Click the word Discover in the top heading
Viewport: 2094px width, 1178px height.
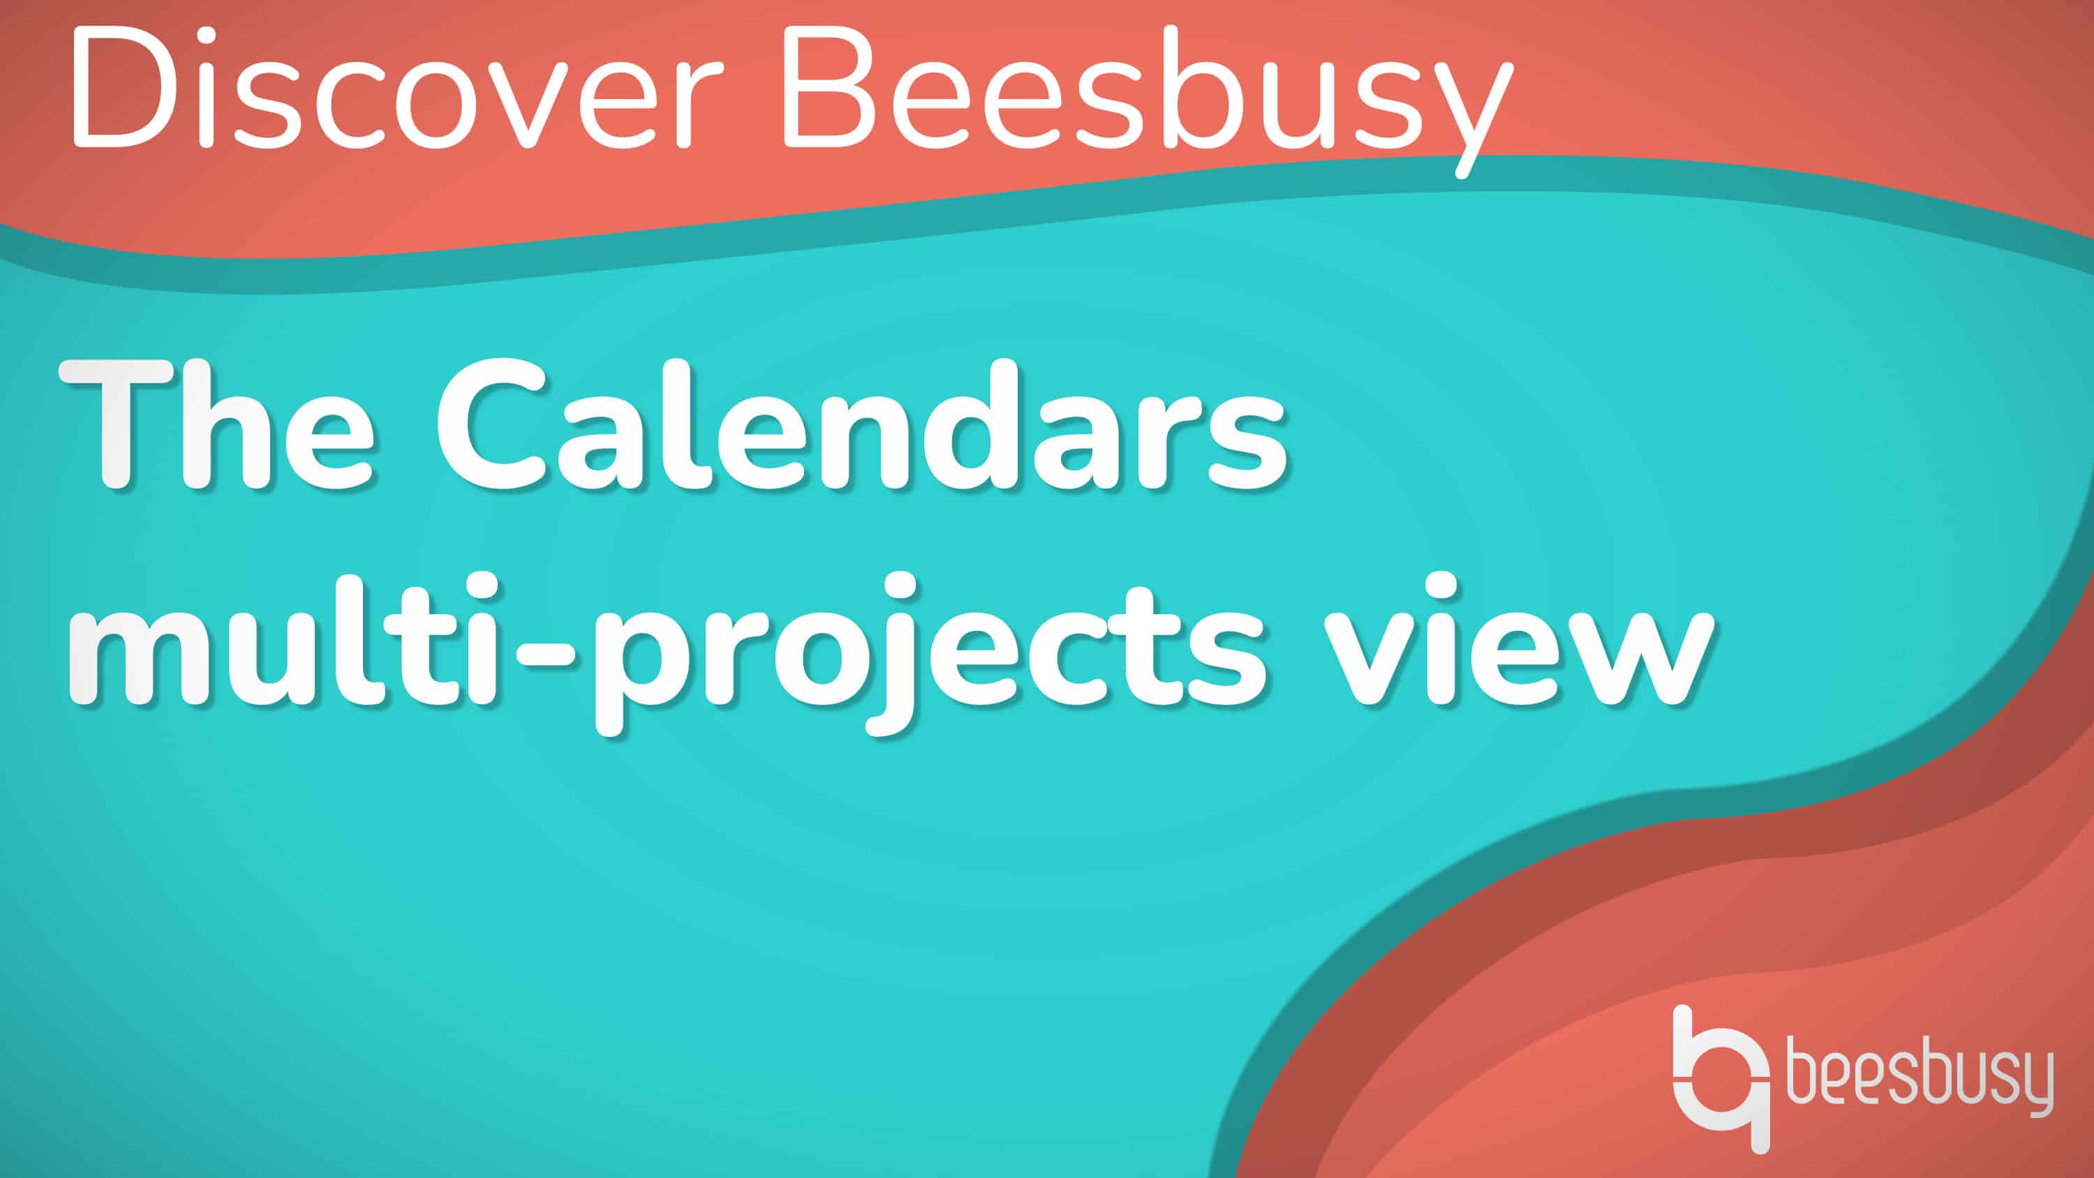pos(396,89)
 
